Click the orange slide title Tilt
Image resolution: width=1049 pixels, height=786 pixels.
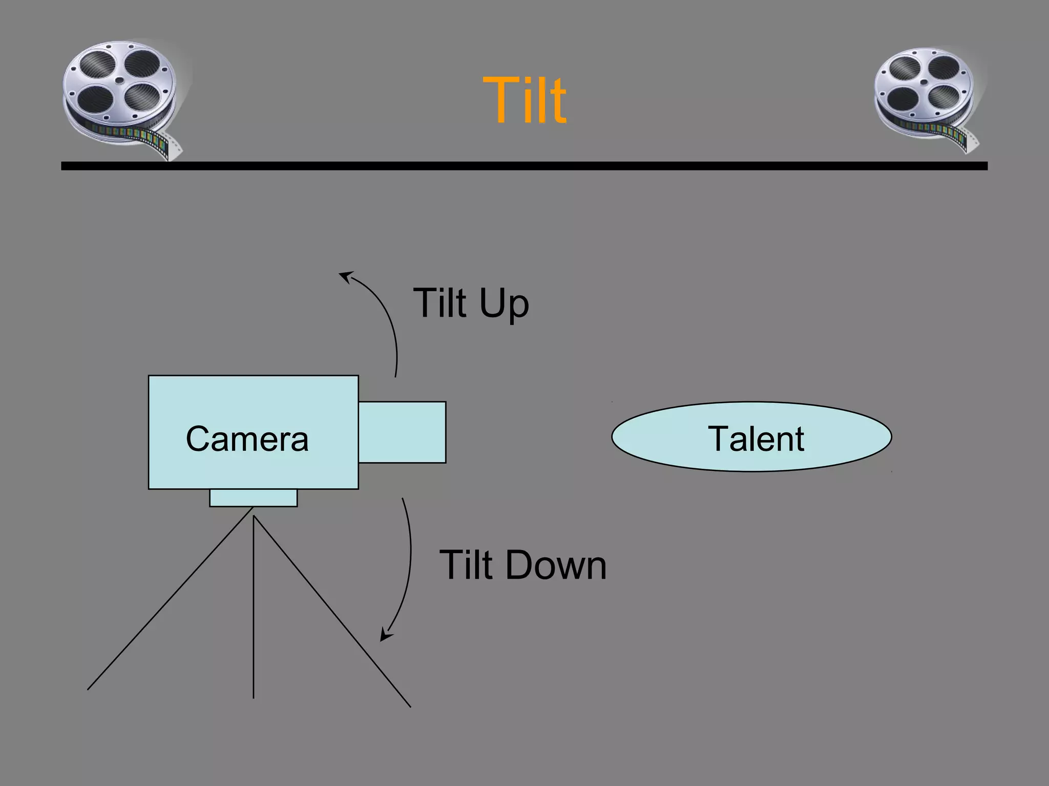coord(524,100)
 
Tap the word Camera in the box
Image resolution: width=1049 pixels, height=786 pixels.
coord(247,439)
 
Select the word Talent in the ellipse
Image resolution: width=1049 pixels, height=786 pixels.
coord(756,439)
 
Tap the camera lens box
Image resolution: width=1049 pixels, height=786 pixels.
coord(402,432)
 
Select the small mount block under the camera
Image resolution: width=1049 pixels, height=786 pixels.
coord(253,497)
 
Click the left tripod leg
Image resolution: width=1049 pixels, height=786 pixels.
coord(169,599)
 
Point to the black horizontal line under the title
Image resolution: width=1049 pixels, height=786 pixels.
coord(524,166)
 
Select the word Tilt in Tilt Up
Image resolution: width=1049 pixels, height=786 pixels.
coord(440,303)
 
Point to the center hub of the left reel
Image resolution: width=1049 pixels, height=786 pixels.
coord(119,80)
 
